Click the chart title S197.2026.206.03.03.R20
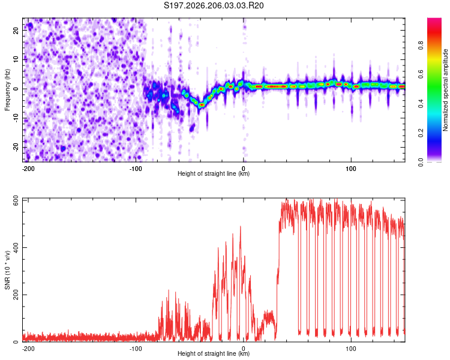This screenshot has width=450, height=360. coord(214,5)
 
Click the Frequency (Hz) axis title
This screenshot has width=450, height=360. coord(7,90)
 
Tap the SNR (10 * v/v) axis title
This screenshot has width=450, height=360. coord(7,270)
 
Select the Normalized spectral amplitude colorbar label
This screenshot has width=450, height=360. coord(445,90)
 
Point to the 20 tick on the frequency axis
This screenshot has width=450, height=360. coord(16,31)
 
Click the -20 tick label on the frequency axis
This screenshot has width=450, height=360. coord(16,147)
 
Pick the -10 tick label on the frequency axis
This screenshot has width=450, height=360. coord(16,118)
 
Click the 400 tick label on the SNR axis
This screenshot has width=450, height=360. coord(16,247)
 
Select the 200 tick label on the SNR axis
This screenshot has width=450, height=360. coord(16,295)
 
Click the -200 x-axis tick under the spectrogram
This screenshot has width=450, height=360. coord(28,169)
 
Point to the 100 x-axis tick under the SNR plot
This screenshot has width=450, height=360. coord(351,349)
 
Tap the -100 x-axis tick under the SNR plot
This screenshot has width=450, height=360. coord(136,349)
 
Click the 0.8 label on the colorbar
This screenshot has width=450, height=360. coord(421,45)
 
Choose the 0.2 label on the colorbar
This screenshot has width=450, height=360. coord(421,133)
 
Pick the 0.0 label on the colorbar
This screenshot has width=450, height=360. coord(421,162)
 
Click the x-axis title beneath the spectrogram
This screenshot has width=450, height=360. coord(214,173)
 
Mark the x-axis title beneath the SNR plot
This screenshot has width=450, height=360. coord(214,353)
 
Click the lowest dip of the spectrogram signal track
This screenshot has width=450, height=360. coord(202,105)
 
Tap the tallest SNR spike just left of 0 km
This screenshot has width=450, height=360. coord(241,227)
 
